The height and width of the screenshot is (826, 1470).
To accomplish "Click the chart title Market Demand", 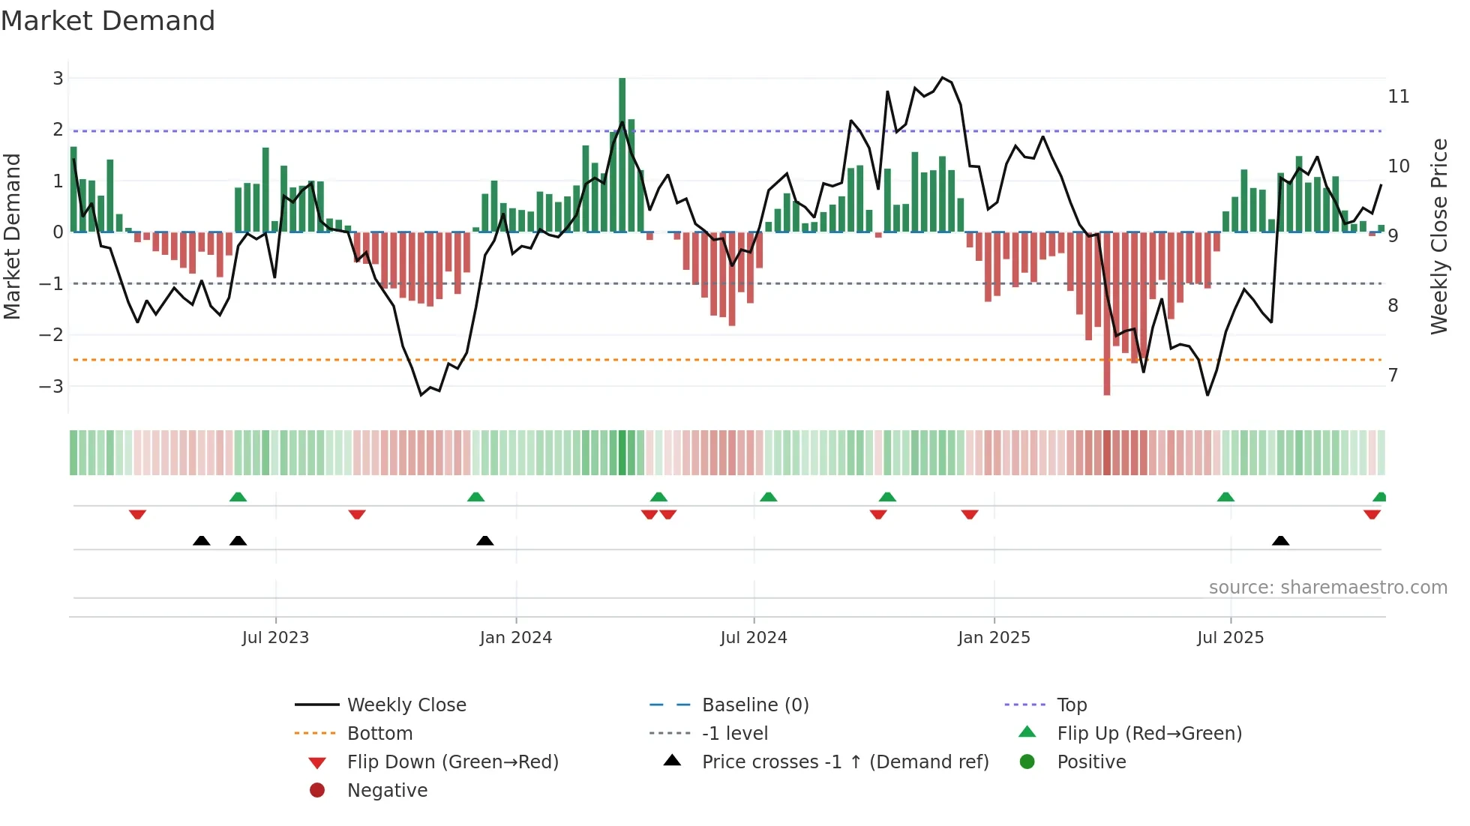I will pyautogui.click(x=108, y=21).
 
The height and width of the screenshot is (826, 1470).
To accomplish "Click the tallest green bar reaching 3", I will pyautogui.click(x=622, y=154).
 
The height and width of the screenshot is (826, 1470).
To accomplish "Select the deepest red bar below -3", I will pyautogui.click(x=1106, y=315).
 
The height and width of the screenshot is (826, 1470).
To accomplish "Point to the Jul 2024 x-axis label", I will pyautogui.click(x=753, y=638).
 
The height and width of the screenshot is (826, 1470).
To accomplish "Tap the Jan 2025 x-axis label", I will pyautogui.click(x=994, y=638).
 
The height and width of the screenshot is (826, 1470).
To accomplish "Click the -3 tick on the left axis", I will pyautogui.click(x=52, y=387).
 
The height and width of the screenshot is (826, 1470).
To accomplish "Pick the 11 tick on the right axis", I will pyautogui.click(x=1398, y=97).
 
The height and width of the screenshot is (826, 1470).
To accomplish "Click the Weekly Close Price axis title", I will pyautogui.click(x=1438, y=236).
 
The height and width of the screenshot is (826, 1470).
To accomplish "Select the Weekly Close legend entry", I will pyautogui.click(x=406, y=705).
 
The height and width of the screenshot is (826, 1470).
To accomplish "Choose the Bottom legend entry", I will pyautogui.click(x=379, y=734).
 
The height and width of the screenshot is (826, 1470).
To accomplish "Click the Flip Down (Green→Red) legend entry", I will pyautogui.click(x=452, y=762).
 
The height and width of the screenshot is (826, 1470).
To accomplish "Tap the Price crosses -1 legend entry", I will pyautogui.click(x=844, y=762).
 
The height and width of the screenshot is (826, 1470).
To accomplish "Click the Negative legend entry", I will pyautogui.click(x=387, y=791).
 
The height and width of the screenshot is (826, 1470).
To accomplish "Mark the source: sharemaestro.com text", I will pyautogui.click(x=1327, y=588).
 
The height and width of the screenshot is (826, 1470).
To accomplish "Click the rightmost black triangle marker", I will pyautogui.click(x=1280, y=541).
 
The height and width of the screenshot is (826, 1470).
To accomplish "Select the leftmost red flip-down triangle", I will pyautogui.click(x=137, y=514).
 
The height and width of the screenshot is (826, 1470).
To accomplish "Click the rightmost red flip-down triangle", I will pyautogui.click(x=1372, y=514).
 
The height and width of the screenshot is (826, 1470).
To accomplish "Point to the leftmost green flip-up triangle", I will pyautogui.click(x=238, y=497).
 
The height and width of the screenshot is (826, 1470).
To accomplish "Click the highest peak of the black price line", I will pyautogui.click(x=943, y=78).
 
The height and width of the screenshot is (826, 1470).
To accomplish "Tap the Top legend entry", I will pyautogui.click(x=1071, y=705).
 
